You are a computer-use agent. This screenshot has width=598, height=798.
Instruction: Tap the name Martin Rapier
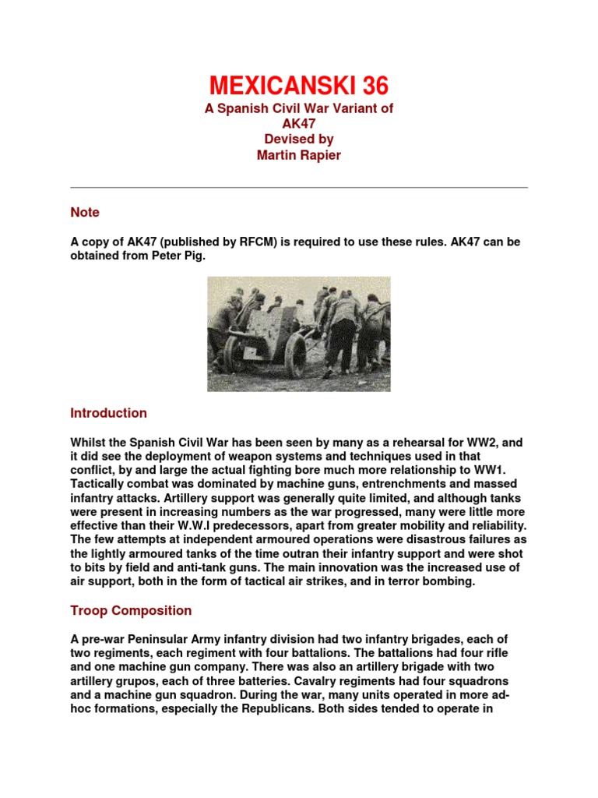coord(299,154)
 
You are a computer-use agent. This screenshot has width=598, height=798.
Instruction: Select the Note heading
coord(85,212)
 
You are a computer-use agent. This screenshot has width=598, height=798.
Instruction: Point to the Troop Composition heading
coord(131,610)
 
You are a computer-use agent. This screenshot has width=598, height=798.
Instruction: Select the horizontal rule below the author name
coord(299,188)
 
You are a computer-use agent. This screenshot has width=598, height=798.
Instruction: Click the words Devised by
coord(299,139)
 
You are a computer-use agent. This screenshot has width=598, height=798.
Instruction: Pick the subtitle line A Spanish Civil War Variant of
coord(299,108)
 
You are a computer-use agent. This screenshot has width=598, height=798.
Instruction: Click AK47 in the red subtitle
coord(299,123)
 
